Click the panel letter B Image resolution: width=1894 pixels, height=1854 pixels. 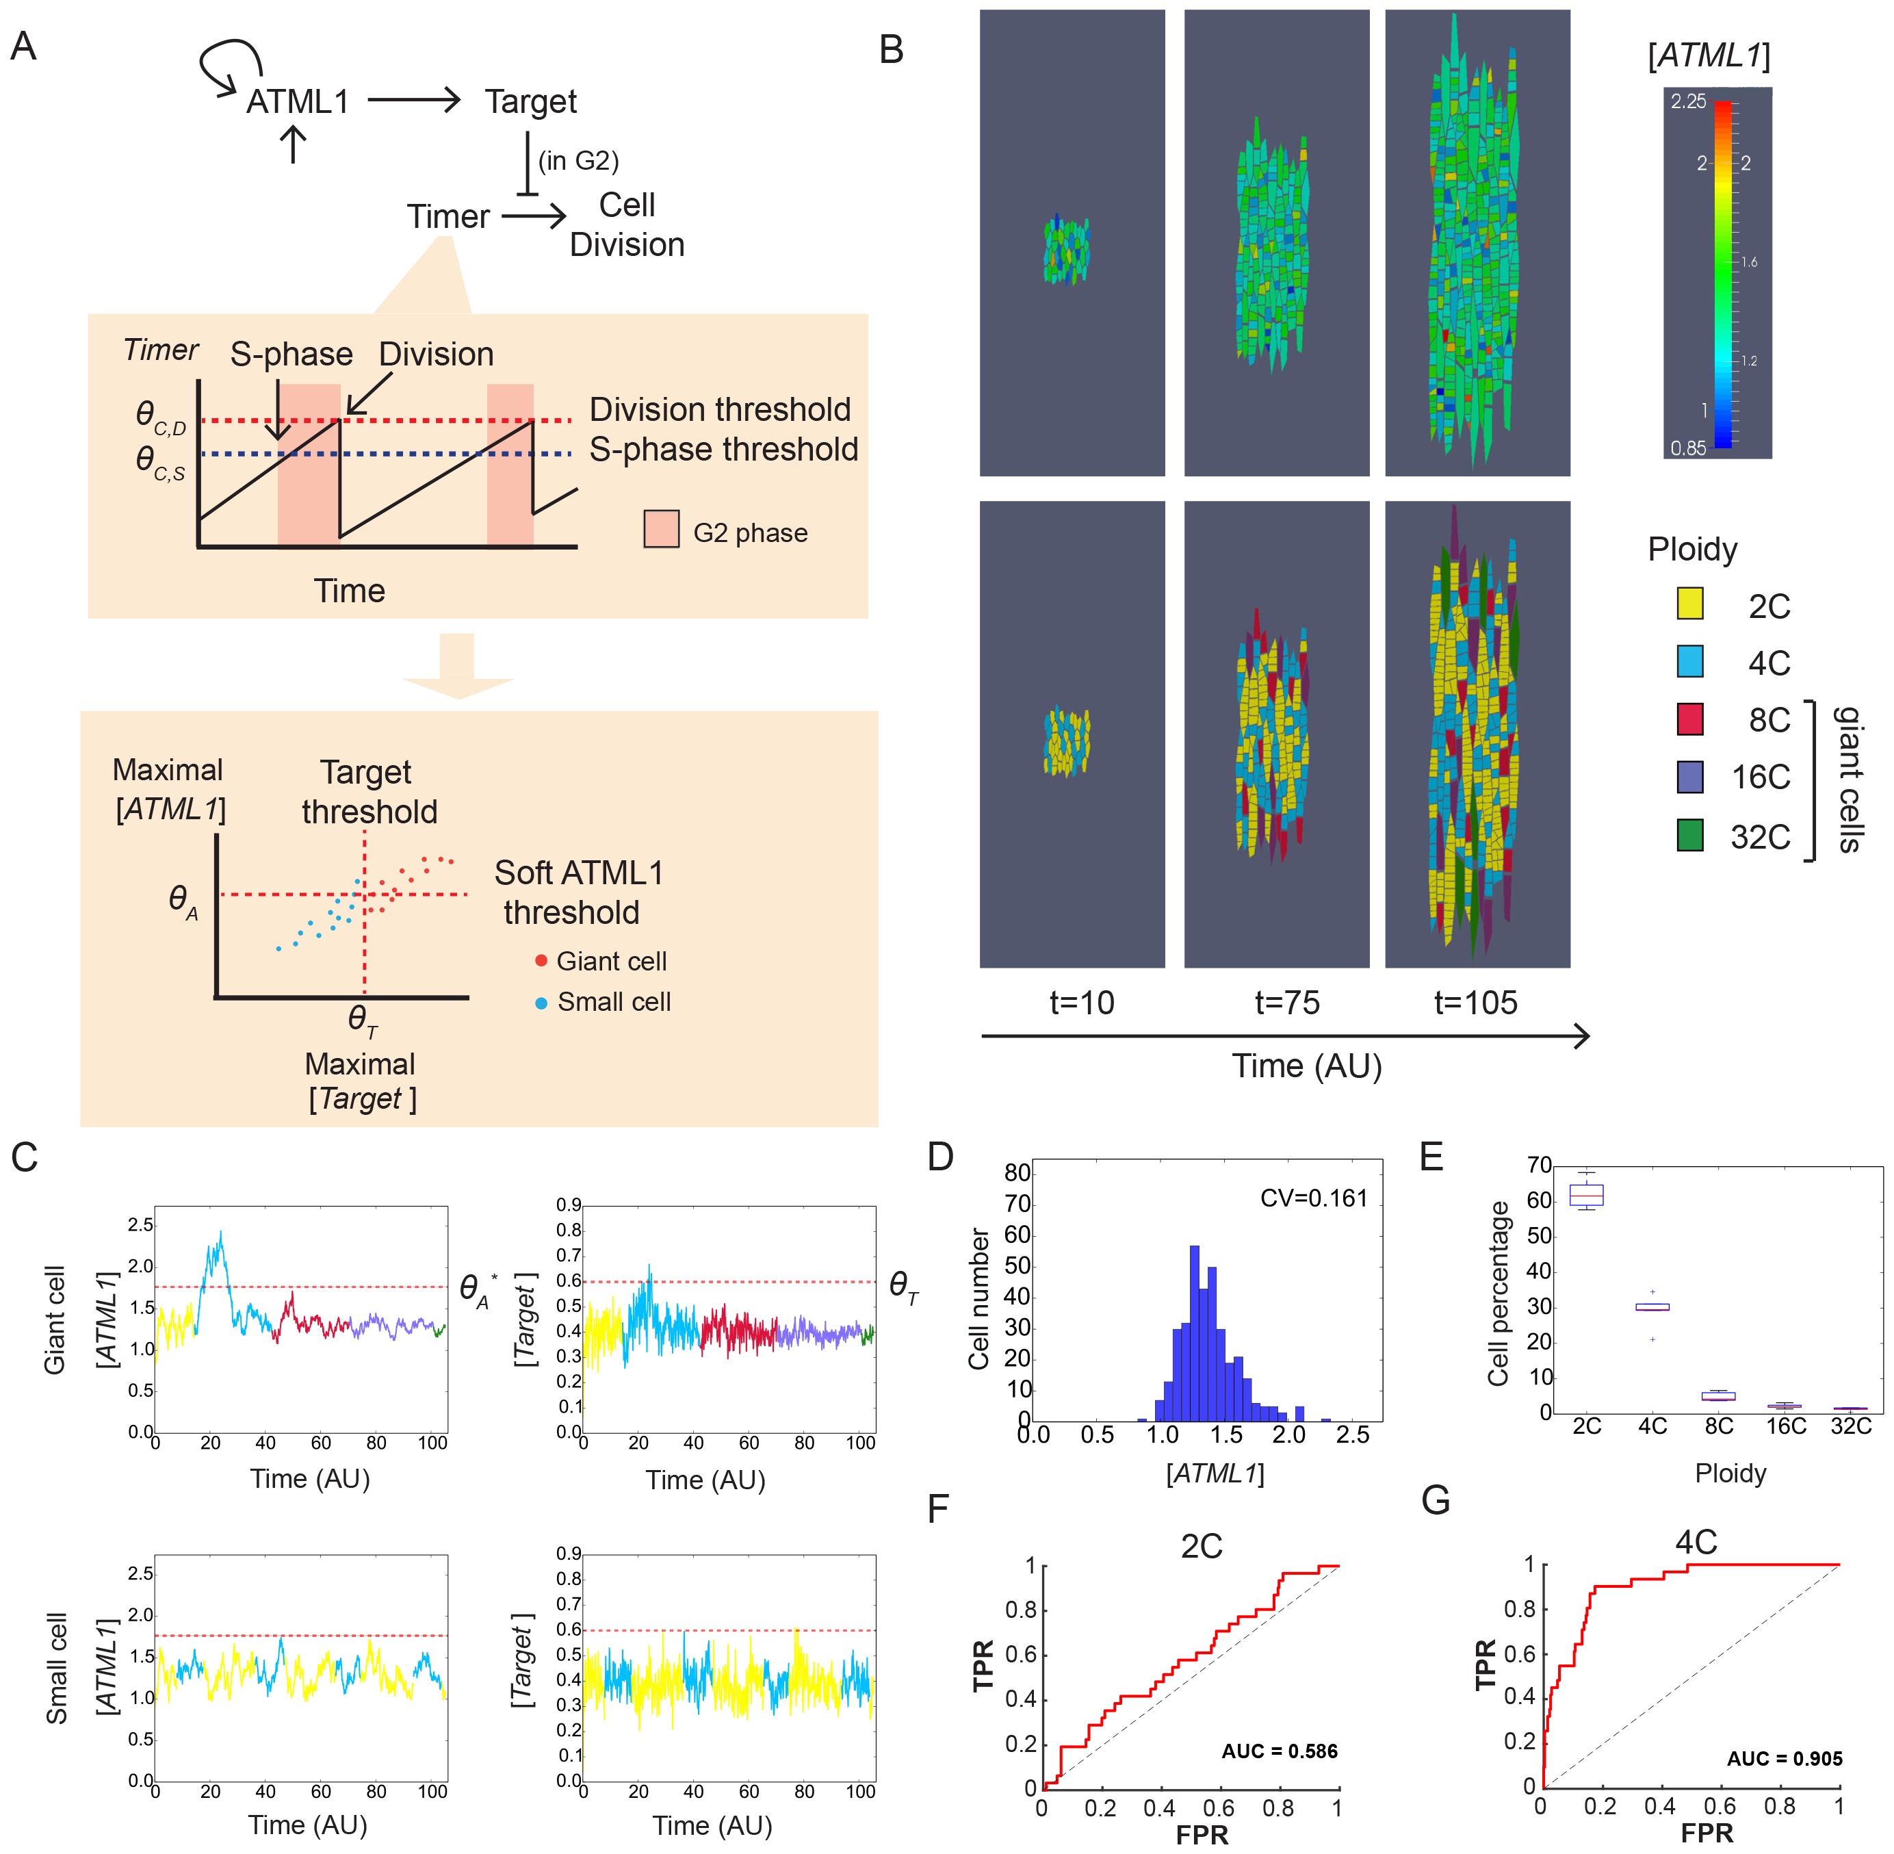[891, 49]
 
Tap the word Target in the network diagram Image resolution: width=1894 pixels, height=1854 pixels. [531, 101]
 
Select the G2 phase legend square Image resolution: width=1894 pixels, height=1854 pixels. [661, 529]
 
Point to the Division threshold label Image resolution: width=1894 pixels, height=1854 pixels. [720, 410]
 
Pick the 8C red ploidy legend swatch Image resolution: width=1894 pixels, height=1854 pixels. [1689, 719]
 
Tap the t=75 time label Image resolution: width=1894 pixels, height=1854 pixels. [1286, 1002]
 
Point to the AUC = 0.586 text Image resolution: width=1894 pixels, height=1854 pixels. [1280, 1751]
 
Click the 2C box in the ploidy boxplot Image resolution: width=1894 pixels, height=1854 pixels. [1586, 1195]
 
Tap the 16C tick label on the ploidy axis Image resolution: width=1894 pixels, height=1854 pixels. [1786, 1426]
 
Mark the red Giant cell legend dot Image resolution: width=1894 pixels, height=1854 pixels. [541, 961]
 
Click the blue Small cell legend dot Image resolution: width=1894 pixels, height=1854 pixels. [541, 1002]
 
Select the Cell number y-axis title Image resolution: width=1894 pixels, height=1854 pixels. [978, 1299]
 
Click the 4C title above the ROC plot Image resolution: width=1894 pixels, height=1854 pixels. [1696, 1541]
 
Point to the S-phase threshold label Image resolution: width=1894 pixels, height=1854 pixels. [723, 450]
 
